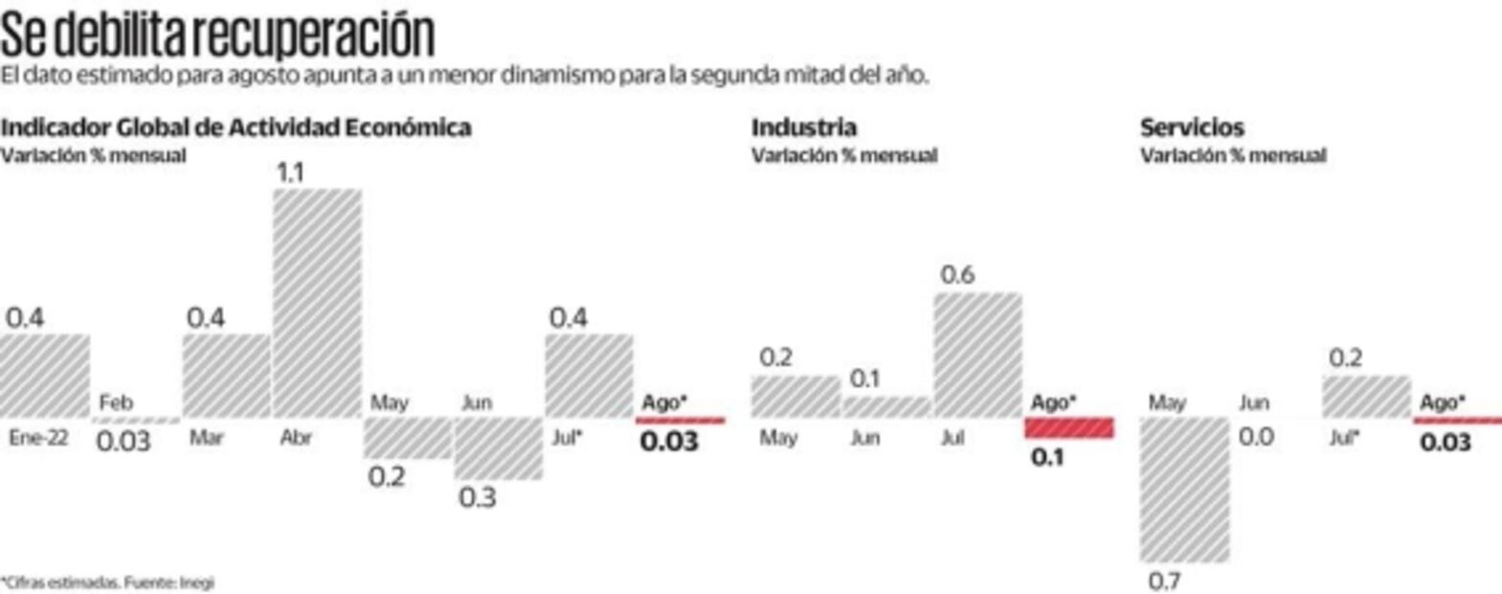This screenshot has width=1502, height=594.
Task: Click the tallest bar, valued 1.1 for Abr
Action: [317, 303]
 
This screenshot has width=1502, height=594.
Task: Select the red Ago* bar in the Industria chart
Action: [1069, 427]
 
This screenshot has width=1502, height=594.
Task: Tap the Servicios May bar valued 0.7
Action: [1184, 490]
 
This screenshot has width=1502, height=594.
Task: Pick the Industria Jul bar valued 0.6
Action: [977, 354]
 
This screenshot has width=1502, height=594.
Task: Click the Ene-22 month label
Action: [38, 438]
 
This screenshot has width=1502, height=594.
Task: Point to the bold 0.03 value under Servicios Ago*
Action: [1446, 443]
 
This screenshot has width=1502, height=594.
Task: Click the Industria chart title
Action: [803, 127]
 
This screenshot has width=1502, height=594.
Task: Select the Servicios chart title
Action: [1191, 127]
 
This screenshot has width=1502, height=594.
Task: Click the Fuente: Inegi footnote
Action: [107, 582]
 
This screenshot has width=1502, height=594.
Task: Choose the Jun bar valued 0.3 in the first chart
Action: [498, 448]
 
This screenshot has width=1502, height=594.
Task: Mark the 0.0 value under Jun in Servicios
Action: [1256, 437]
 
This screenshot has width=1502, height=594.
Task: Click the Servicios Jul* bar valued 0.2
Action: [1366, 397]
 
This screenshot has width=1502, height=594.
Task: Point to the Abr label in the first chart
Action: [296, 438]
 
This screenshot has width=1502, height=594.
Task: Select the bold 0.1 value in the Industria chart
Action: [1047, 458]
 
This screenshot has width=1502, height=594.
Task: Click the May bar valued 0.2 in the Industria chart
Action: [795, 397]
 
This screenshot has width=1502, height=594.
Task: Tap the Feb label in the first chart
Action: [116, 402]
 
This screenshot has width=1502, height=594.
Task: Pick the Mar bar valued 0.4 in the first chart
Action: [226, 376]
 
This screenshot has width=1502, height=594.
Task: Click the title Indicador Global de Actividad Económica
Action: [235, 127]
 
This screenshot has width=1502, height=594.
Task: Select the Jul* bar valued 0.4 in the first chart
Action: [589, 376]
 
